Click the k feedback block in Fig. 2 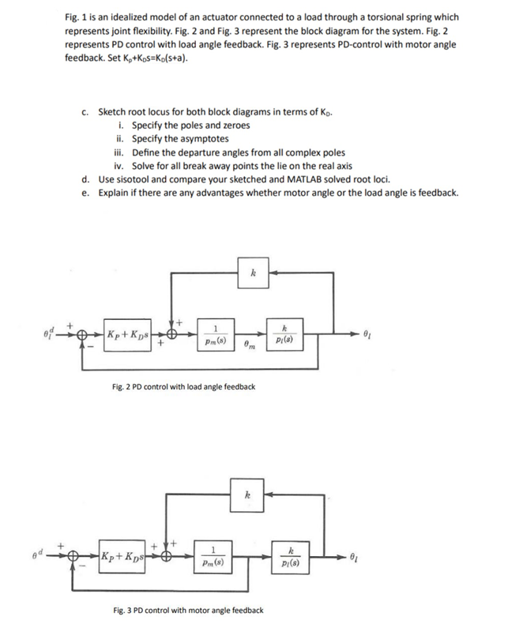pos(253,273)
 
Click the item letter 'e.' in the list pos(85,193)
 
